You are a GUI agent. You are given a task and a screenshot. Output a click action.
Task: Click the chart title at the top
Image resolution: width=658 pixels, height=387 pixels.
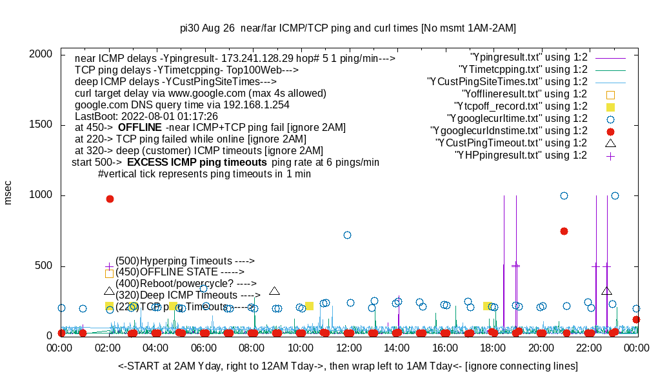pos(348,28)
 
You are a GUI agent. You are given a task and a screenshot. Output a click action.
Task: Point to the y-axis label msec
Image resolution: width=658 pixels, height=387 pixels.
pos(8,192)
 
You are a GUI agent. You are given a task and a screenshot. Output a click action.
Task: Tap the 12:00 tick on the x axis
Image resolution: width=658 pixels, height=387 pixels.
pos(349,347)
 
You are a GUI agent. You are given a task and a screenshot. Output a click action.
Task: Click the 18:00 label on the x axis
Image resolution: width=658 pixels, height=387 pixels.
pos(493,347)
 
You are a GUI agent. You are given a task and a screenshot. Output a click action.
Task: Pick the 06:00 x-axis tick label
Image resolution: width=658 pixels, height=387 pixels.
pos(204,347)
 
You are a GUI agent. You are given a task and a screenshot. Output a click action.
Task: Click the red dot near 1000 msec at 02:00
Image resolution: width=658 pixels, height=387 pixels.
pos(110,199)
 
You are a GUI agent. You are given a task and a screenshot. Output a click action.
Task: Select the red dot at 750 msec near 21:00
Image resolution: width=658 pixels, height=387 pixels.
pos(564,231)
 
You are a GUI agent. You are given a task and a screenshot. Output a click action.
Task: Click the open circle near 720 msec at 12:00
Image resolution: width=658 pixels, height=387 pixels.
pos(347,235)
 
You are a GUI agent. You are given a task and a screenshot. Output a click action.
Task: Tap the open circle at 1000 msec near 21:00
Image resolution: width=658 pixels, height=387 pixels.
pos(564,195)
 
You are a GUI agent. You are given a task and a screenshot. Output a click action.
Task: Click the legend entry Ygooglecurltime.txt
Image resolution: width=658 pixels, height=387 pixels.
pos(517,118)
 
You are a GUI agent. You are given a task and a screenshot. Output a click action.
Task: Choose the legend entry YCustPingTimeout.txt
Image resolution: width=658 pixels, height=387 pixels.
pos(511,143)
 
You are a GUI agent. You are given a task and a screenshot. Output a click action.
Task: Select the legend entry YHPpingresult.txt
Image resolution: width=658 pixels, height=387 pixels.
pos(521,155)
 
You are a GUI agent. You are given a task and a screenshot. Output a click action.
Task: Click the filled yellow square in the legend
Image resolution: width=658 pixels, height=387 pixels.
pos(610,106)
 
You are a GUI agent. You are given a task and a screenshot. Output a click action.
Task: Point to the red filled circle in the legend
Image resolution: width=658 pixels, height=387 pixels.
pos(610,131)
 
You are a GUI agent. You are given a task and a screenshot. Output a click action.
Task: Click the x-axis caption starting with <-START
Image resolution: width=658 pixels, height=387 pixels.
pos(348,366)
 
